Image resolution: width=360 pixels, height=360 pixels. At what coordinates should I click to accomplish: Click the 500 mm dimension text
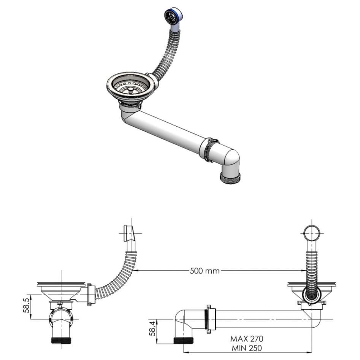click(205, 271)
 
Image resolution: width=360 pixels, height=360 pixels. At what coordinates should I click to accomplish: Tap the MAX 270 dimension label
click(247, 338)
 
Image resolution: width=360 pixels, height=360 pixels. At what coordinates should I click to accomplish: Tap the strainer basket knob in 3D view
click(130, 90)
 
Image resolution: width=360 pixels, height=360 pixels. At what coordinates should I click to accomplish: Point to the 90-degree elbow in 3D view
click(230, 158)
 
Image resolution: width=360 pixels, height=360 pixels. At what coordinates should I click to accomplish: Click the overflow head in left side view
click(128, 232)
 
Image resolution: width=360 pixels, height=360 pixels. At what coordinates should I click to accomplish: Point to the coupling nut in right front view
click(209, 319)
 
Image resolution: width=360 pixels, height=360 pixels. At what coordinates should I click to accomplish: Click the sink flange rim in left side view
click(61, 284)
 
